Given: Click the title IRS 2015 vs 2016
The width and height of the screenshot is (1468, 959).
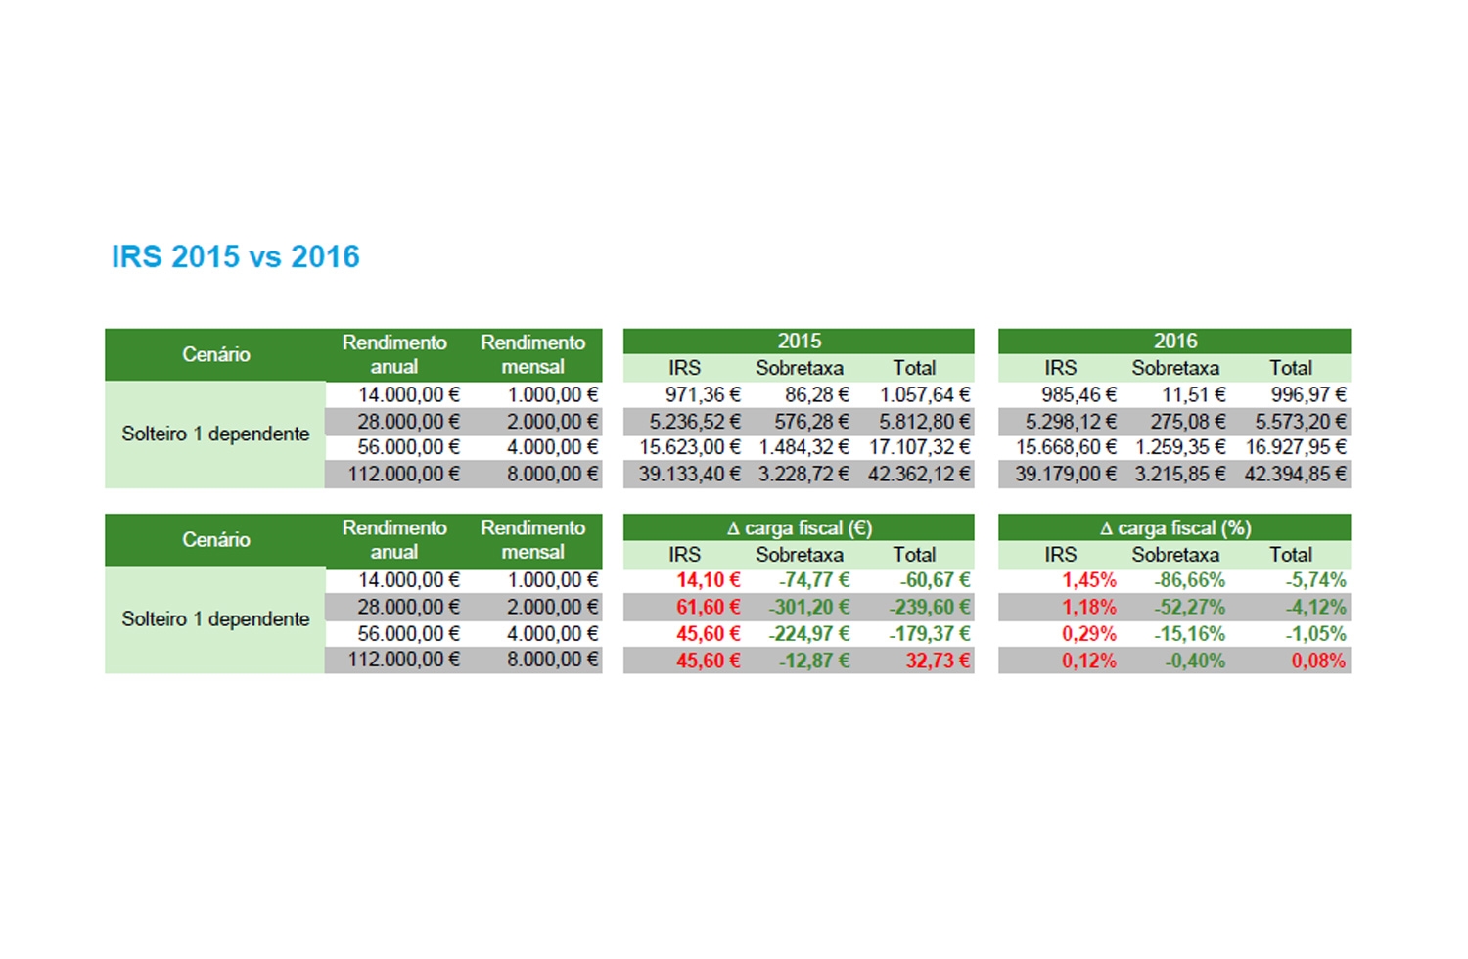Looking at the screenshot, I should point(235,256).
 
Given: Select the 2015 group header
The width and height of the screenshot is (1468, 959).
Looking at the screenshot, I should point(799,341).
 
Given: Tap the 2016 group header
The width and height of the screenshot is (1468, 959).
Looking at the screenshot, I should point(1174,341).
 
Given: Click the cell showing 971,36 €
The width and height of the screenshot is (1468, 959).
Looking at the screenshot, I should point(702,394).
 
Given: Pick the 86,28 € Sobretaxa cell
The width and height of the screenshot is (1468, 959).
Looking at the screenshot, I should point(816,394).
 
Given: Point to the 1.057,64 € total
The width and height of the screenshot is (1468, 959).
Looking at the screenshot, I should point(924,394).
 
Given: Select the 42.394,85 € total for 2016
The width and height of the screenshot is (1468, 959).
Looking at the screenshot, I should point(1295,474).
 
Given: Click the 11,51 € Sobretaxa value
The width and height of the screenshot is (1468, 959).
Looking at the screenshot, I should point(1193,394).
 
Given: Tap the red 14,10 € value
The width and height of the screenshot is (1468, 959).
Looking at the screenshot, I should point(708,580).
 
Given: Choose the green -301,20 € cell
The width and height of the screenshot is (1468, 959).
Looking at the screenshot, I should point(808,607).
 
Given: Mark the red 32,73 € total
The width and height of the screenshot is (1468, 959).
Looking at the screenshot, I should point(937,661).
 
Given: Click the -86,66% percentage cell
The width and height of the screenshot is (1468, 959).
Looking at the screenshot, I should point(1189,580).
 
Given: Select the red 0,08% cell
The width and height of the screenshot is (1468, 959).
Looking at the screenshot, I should point(1318,661).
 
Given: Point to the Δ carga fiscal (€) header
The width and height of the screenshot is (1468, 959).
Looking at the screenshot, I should point(799,527).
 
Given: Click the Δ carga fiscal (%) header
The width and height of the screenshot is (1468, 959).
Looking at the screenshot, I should point(1174,527).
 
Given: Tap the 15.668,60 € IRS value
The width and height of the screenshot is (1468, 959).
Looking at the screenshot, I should point(1066,447).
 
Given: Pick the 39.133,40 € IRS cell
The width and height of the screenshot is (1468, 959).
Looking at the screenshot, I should point(689,474).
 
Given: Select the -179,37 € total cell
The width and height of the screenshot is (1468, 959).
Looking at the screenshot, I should point(929,634).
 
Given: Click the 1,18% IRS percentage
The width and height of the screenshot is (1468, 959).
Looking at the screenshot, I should point(1088,607).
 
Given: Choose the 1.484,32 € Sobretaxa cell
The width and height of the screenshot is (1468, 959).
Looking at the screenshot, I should point(803,447).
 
